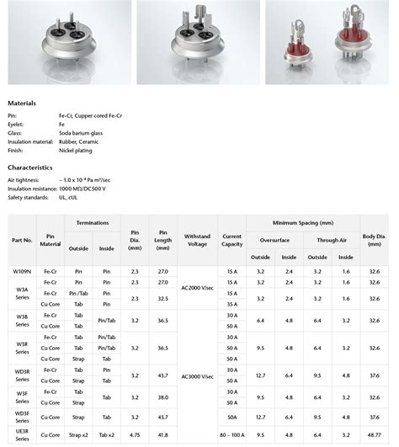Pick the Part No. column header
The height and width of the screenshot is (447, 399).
coord(22,240)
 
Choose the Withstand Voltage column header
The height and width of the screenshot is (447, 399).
coord(196,240)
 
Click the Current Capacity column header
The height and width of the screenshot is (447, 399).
coord(231,240)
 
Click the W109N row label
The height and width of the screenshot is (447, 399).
coord(22,272)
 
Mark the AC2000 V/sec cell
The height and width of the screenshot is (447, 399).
coord(196,287)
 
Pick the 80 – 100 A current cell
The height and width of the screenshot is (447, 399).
coord(231,434)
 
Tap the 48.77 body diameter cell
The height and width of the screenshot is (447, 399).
coord(374,434)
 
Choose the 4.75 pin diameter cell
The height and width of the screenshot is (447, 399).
coord(135,434)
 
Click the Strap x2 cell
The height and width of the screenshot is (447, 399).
coord(78,434)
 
